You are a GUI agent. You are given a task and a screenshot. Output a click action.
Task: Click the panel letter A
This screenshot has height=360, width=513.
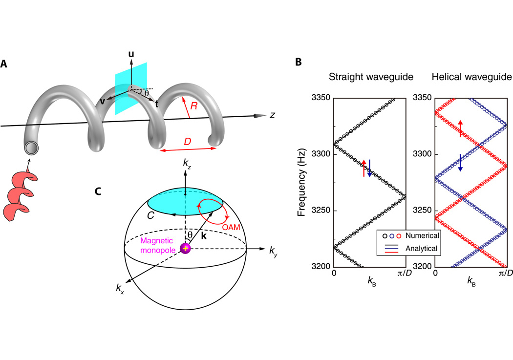click(x=4, y=64)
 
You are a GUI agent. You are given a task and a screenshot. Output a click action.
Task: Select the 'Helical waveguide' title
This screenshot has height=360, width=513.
click(x=468, y=77)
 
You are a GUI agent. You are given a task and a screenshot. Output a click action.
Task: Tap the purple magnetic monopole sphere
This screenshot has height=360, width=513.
click(x=185, y=249)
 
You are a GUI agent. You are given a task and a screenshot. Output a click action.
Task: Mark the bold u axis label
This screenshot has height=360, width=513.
click(x=131, y=54)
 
